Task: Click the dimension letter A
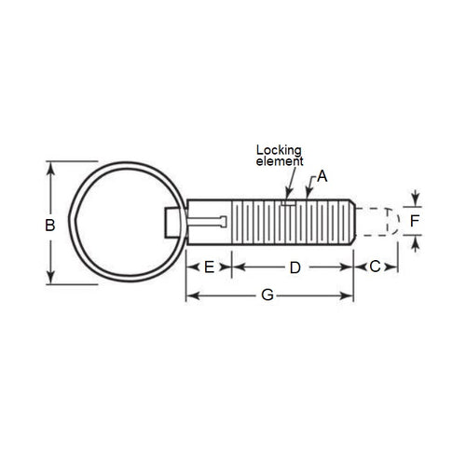coord(322,175)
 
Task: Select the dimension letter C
coord(376,267)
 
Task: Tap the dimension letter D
coord(295,267)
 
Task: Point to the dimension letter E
coord(210,267)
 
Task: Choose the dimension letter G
coord(267,295)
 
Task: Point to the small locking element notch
coord(289,199)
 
